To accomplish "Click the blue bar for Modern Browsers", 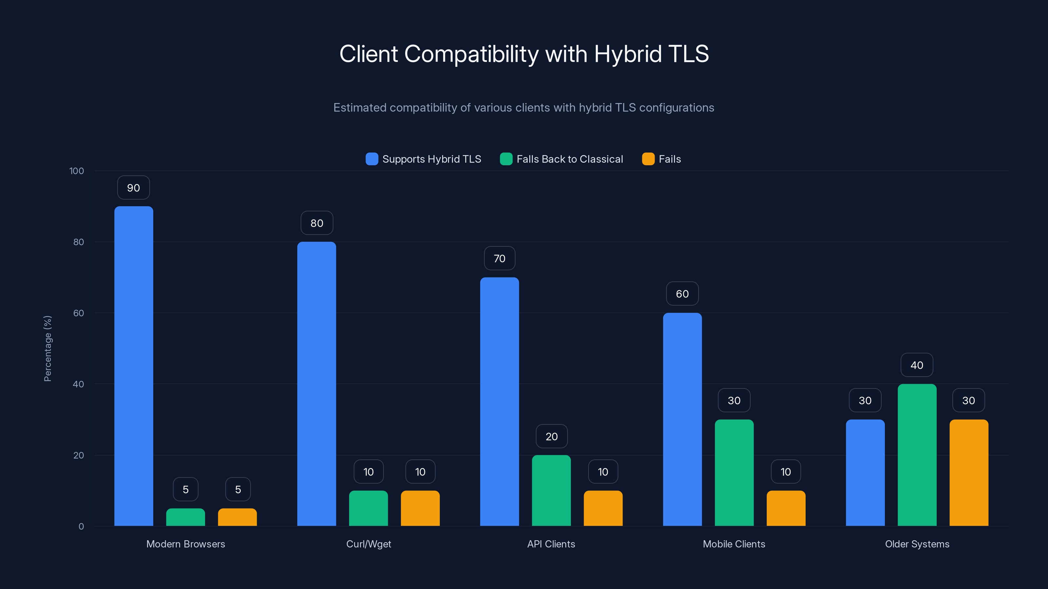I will (x=133, y=366).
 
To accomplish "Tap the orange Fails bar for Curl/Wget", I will (x=420, y=508).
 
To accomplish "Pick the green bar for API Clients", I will (x=551, y=490).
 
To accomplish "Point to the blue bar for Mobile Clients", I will (x=682, y=419).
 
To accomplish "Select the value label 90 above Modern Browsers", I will (x=133, y=188).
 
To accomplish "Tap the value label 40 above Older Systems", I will (x=917, y=365).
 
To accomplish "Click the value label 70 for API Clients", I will (x=499, y=259).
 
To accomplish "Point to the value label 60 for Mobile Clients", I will (x=682, y=294).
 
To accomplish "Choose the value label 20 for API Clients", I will (x=551, y=437).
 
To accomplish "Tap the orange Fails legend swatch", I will (x=648, y=159).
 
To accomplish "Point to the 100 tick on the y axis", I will (x=77, y=171).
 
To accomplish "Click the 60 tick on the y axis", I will (x=79, y=313).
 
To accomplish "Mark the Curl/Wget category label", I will (x=368, y=544).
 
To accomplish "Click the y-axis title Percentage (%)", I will (x=47, y=348).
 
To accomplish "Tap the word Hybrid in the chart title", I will (x=628, y=54).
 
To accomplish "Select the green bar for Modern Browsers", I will (x=185, y=517).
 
